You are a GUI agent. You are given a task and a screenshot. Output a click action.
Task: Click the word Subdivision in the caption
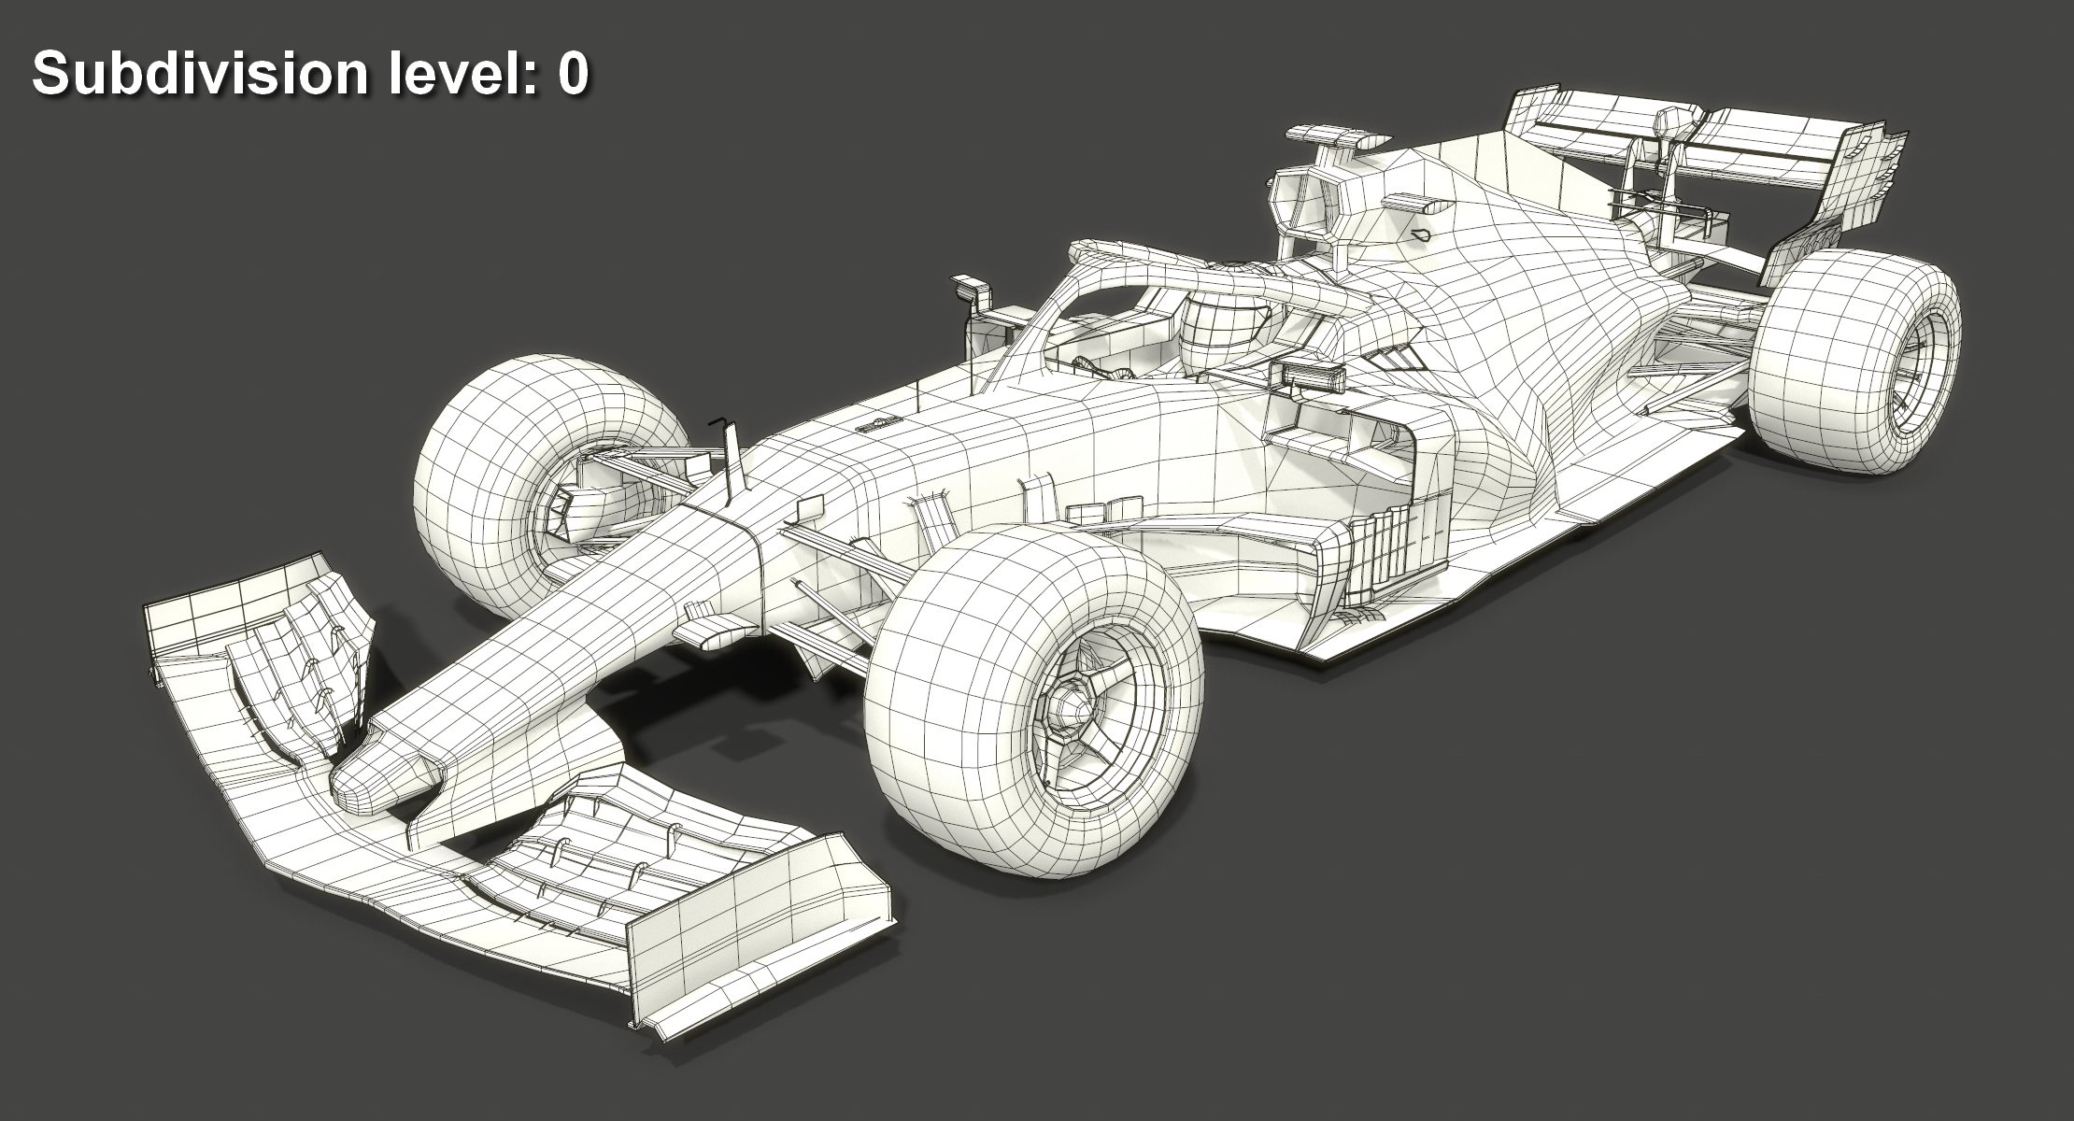click(199, 74)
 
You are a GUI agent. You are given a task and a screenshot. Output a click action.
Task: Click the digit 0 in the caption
click(572, 74)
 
